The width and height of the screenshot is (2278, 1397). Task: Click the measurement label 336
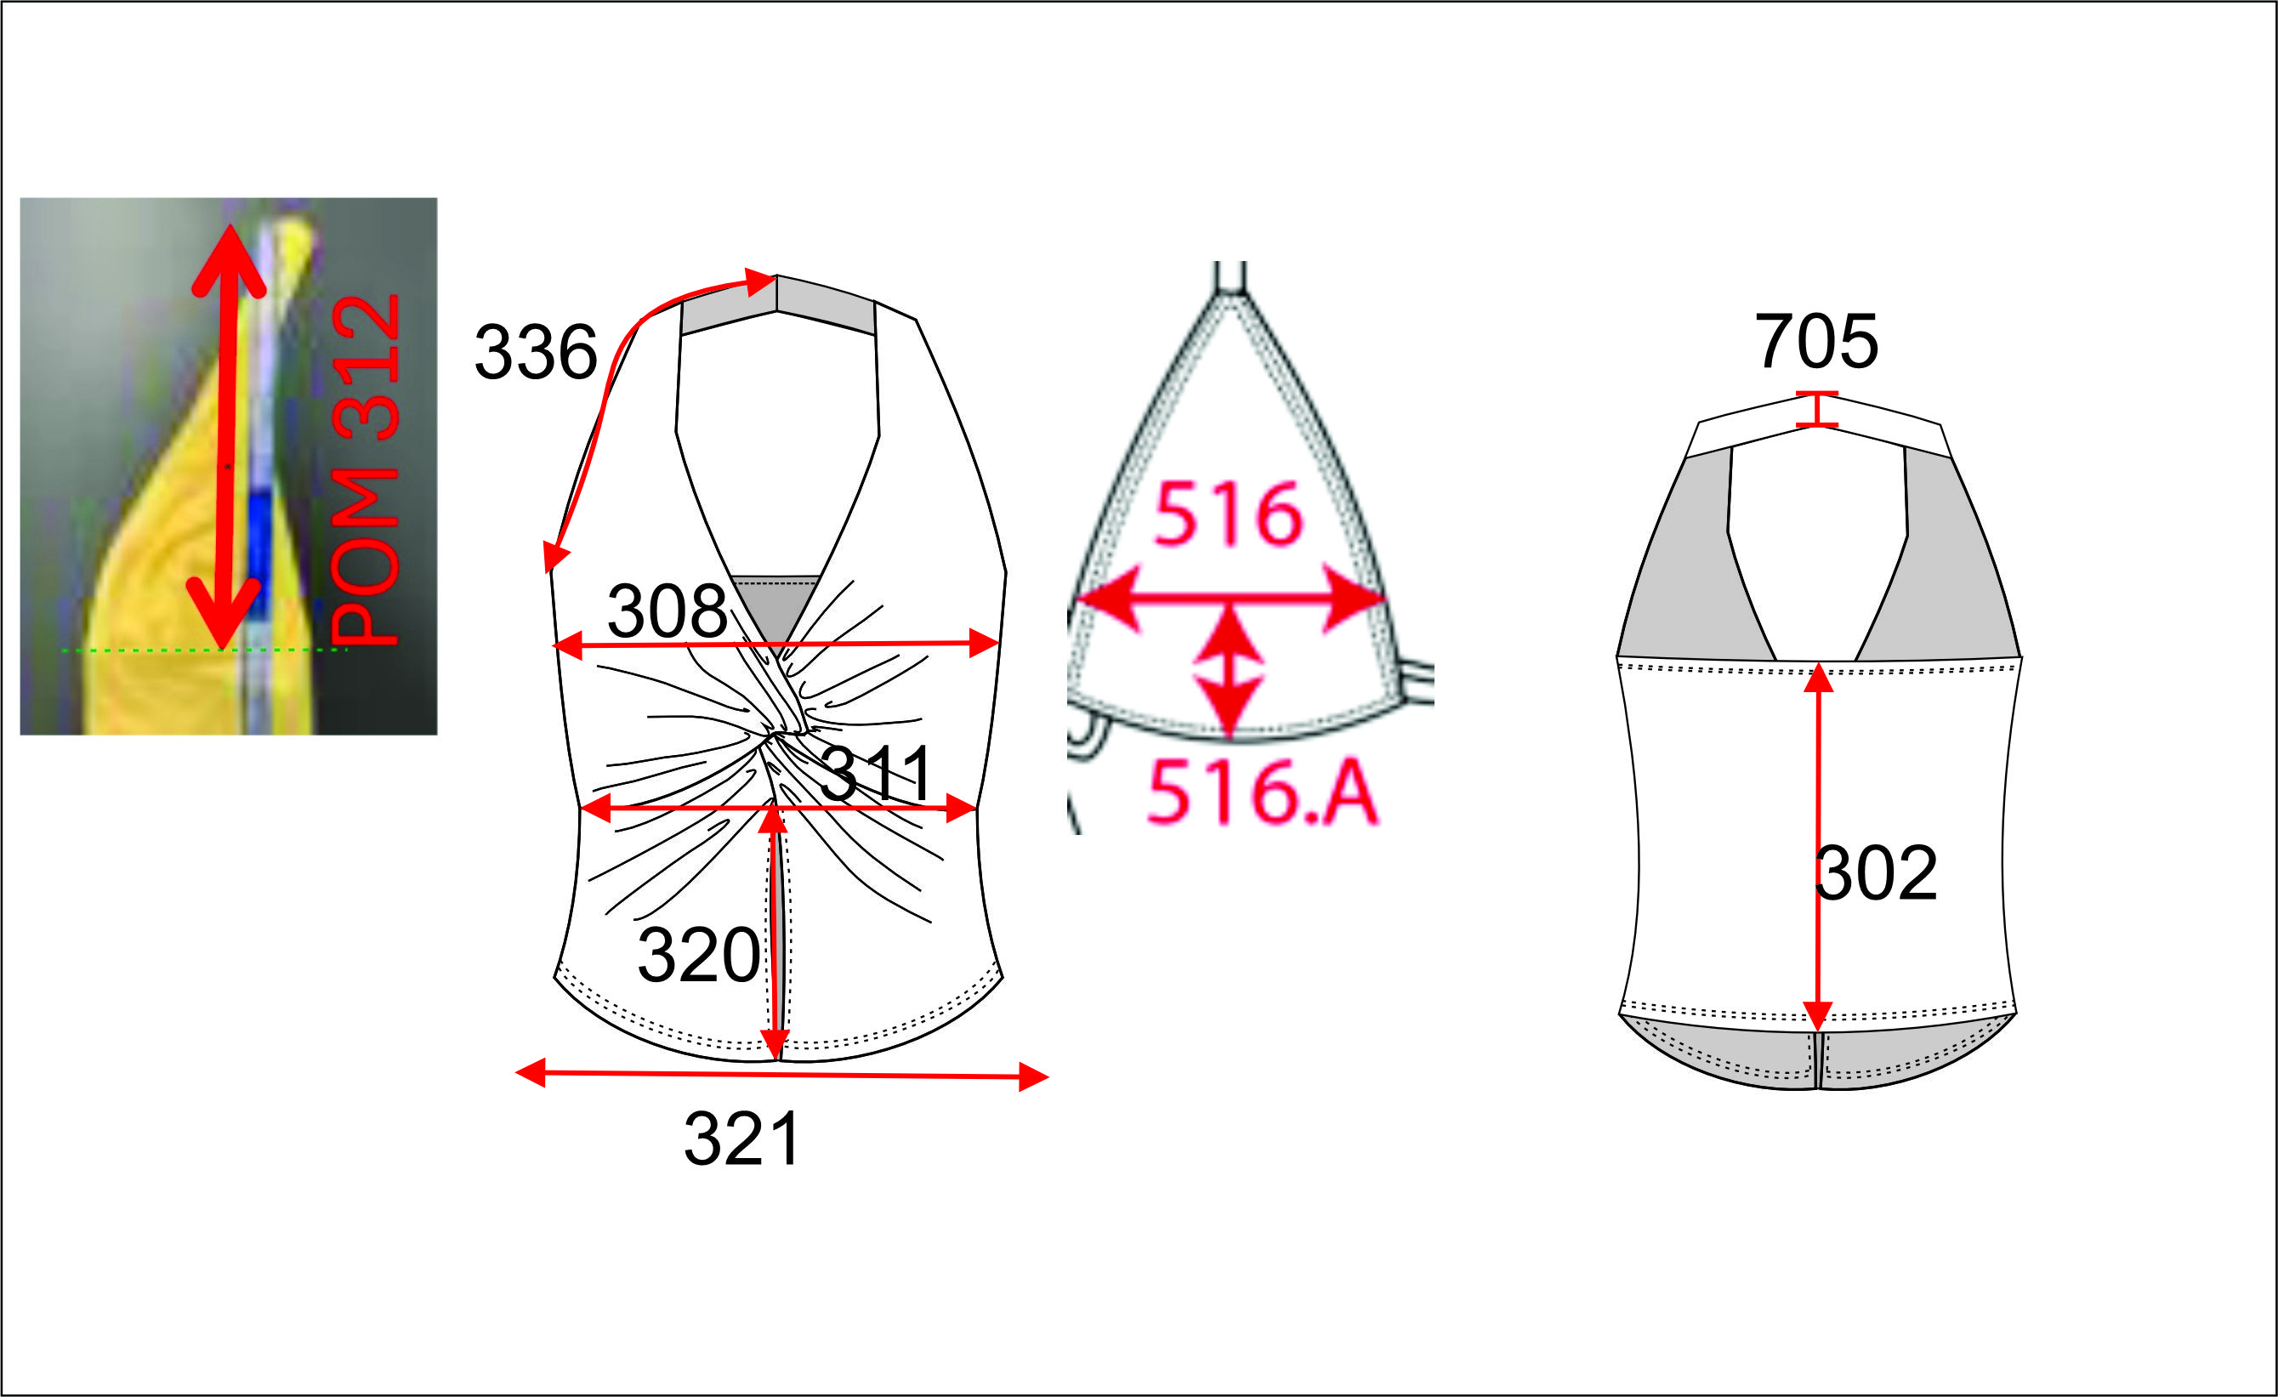(x=537, y=352)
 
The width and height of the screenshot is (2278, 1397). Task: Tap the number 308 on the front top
(x=667, y=611)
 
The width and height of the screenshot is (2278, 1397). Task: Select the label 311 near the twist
(x=877, y=773)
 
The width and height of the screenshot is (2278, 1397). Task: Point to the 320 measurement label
(x=699, y=955)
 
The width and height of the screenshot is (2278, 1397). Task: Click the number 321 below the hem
(x=742, y=1139)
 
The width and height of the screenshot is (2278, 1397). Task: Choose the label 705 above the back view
(x=1816, y=341)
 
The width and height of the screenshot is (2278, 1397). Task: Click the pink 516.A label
(x=1262, y=792)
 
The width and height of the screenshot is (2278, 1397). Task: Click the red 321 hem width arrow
(x=782, y=1075)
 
